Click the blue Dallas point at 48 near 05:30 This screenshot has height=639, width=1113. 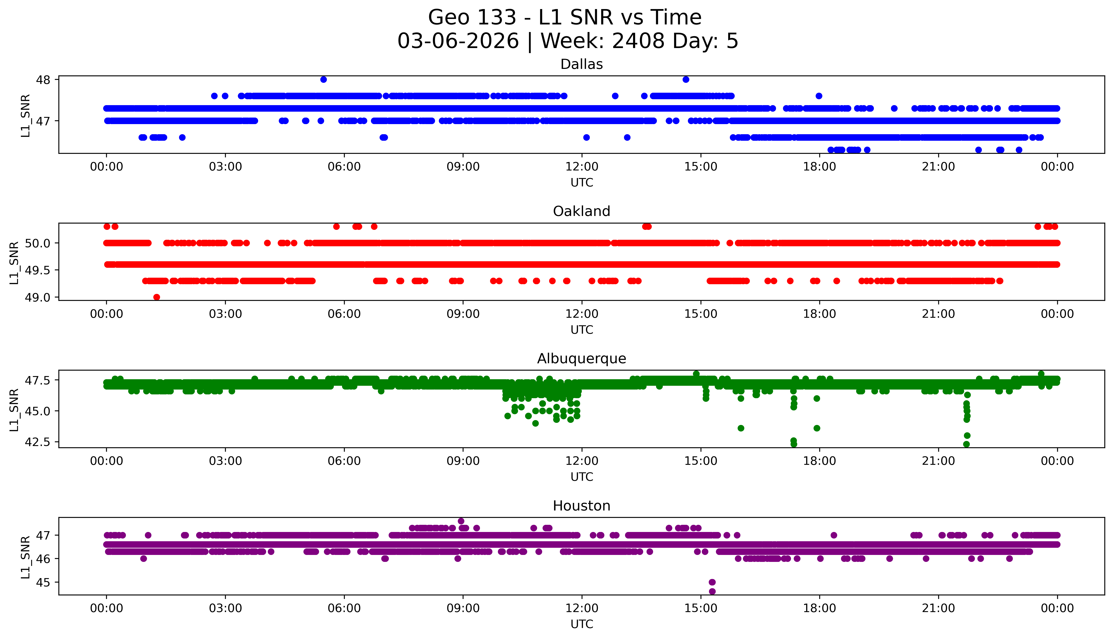pyautogui.click(x=323, y=79)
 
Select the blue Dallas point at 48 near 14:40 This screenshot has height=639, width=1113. pyautogui.click(x=686, y=79)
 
